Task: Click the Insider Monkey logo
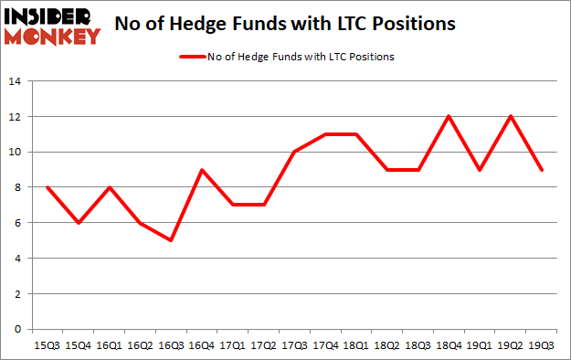52,25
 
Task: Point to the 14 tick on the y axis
15,81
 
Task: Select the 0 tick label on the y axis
18,330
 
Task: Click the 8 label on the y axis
18,187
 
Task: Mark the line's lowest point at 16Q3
171,240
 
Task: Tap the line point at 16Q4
202,169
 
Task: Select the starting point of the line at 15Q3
47,187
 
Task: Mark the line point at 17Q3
295,152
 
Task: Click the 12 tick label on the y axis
15,116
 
